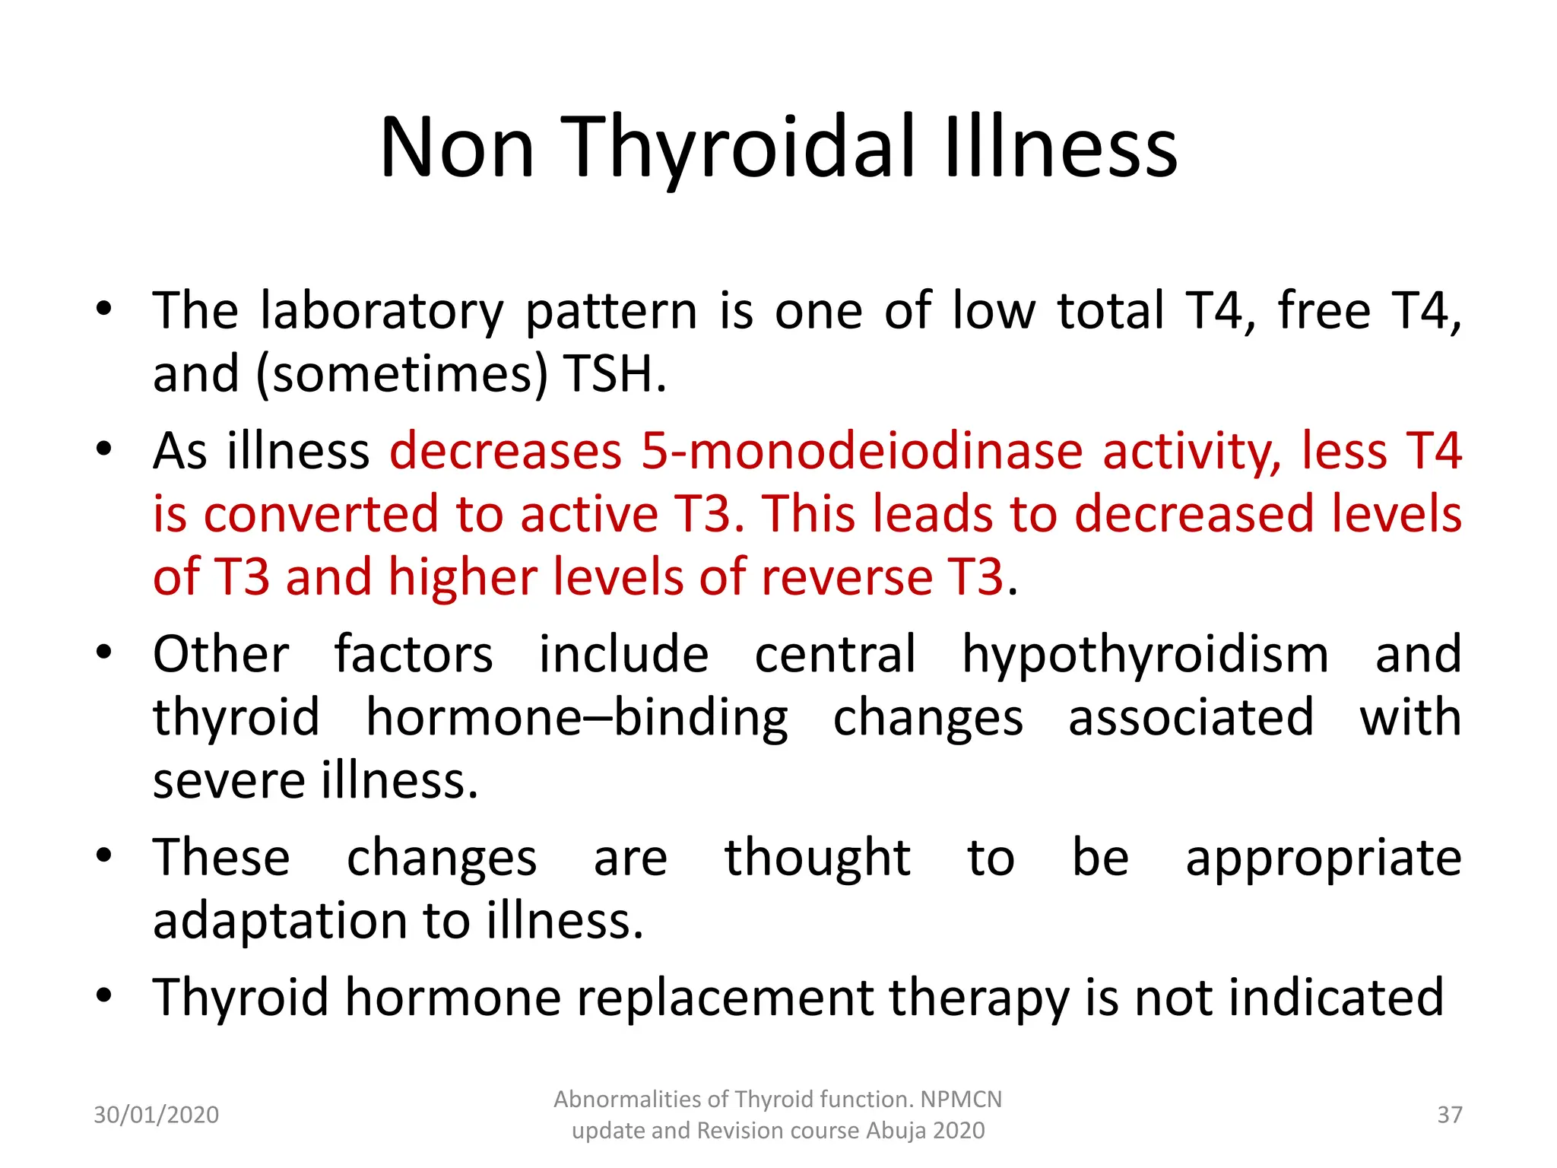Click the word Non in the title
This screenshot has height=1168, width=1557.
click(x=457, y=148)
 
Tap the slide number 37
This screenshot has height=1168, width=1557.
click(x=1449, y=1115)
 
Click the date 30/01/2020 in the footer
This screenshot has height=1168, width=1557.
click(x=156, y=1115)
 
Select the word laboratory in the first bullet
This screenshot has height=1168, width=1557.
click(x=382, y=312)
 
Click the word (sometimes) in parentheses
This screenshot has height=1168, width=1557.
click(x=402, y=375)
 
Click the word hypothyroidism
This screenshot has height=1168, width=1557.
click(x=1145, y=655)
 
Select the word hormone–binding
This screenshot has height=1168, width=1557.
click(x=577, y=719)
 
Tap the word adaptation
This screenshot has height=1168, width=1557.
click(x=281, y=922)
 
